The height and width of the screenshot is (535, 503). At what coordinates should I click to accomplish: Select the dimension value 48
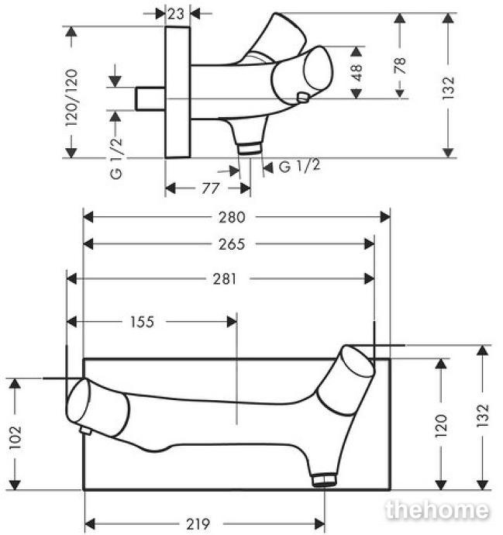tap(357, 71)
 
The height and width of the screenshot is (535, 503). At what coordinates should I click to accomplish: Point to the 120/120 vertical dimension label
tap(72, 92)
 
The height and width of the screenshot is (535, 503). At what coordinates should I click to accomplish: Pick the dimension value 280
tap(236, 217)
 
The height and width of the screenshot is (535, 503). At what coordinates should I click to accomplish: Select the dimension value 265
tap(232, 244)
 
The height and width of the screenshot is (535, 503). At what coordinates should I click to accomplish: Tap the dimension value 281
tap(225, 278)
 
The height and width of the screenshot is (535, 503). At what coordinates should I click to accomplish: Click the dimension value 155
tap(143, 321)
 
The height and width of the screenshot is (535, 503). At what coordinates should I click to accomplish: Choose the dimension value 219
tap(199, 524)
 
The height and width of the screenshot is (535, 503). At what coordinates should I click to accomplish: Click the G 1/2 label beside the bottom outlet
tap(298, 166)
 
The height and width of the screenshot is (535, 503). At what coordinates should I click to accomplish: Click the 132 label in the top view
tap(448, 91)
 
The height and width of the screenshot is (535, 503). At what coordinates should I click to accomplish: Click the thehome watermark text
tap(437, 510)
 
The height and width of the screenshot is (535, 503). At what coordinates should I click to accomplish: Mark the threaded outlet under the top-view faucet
tap(248, 147)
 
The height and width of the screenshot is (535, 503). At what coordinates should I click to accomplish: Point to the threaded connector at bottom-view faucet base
tap(323, 480)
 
